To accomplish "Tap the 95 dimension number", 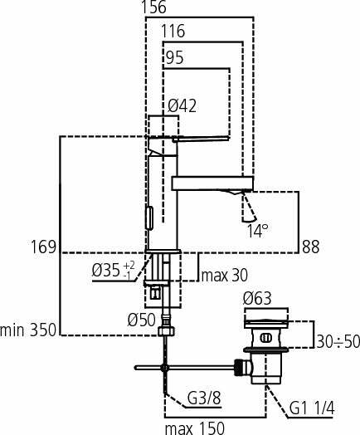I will pos(175,58).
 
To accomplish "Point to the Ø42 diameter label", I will pos(182,105).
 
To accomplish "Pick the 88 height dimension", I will pos(311,247).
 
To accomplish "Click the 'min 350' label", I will pos(28,330).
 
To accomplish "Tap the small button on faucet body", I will pos(149,217).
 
